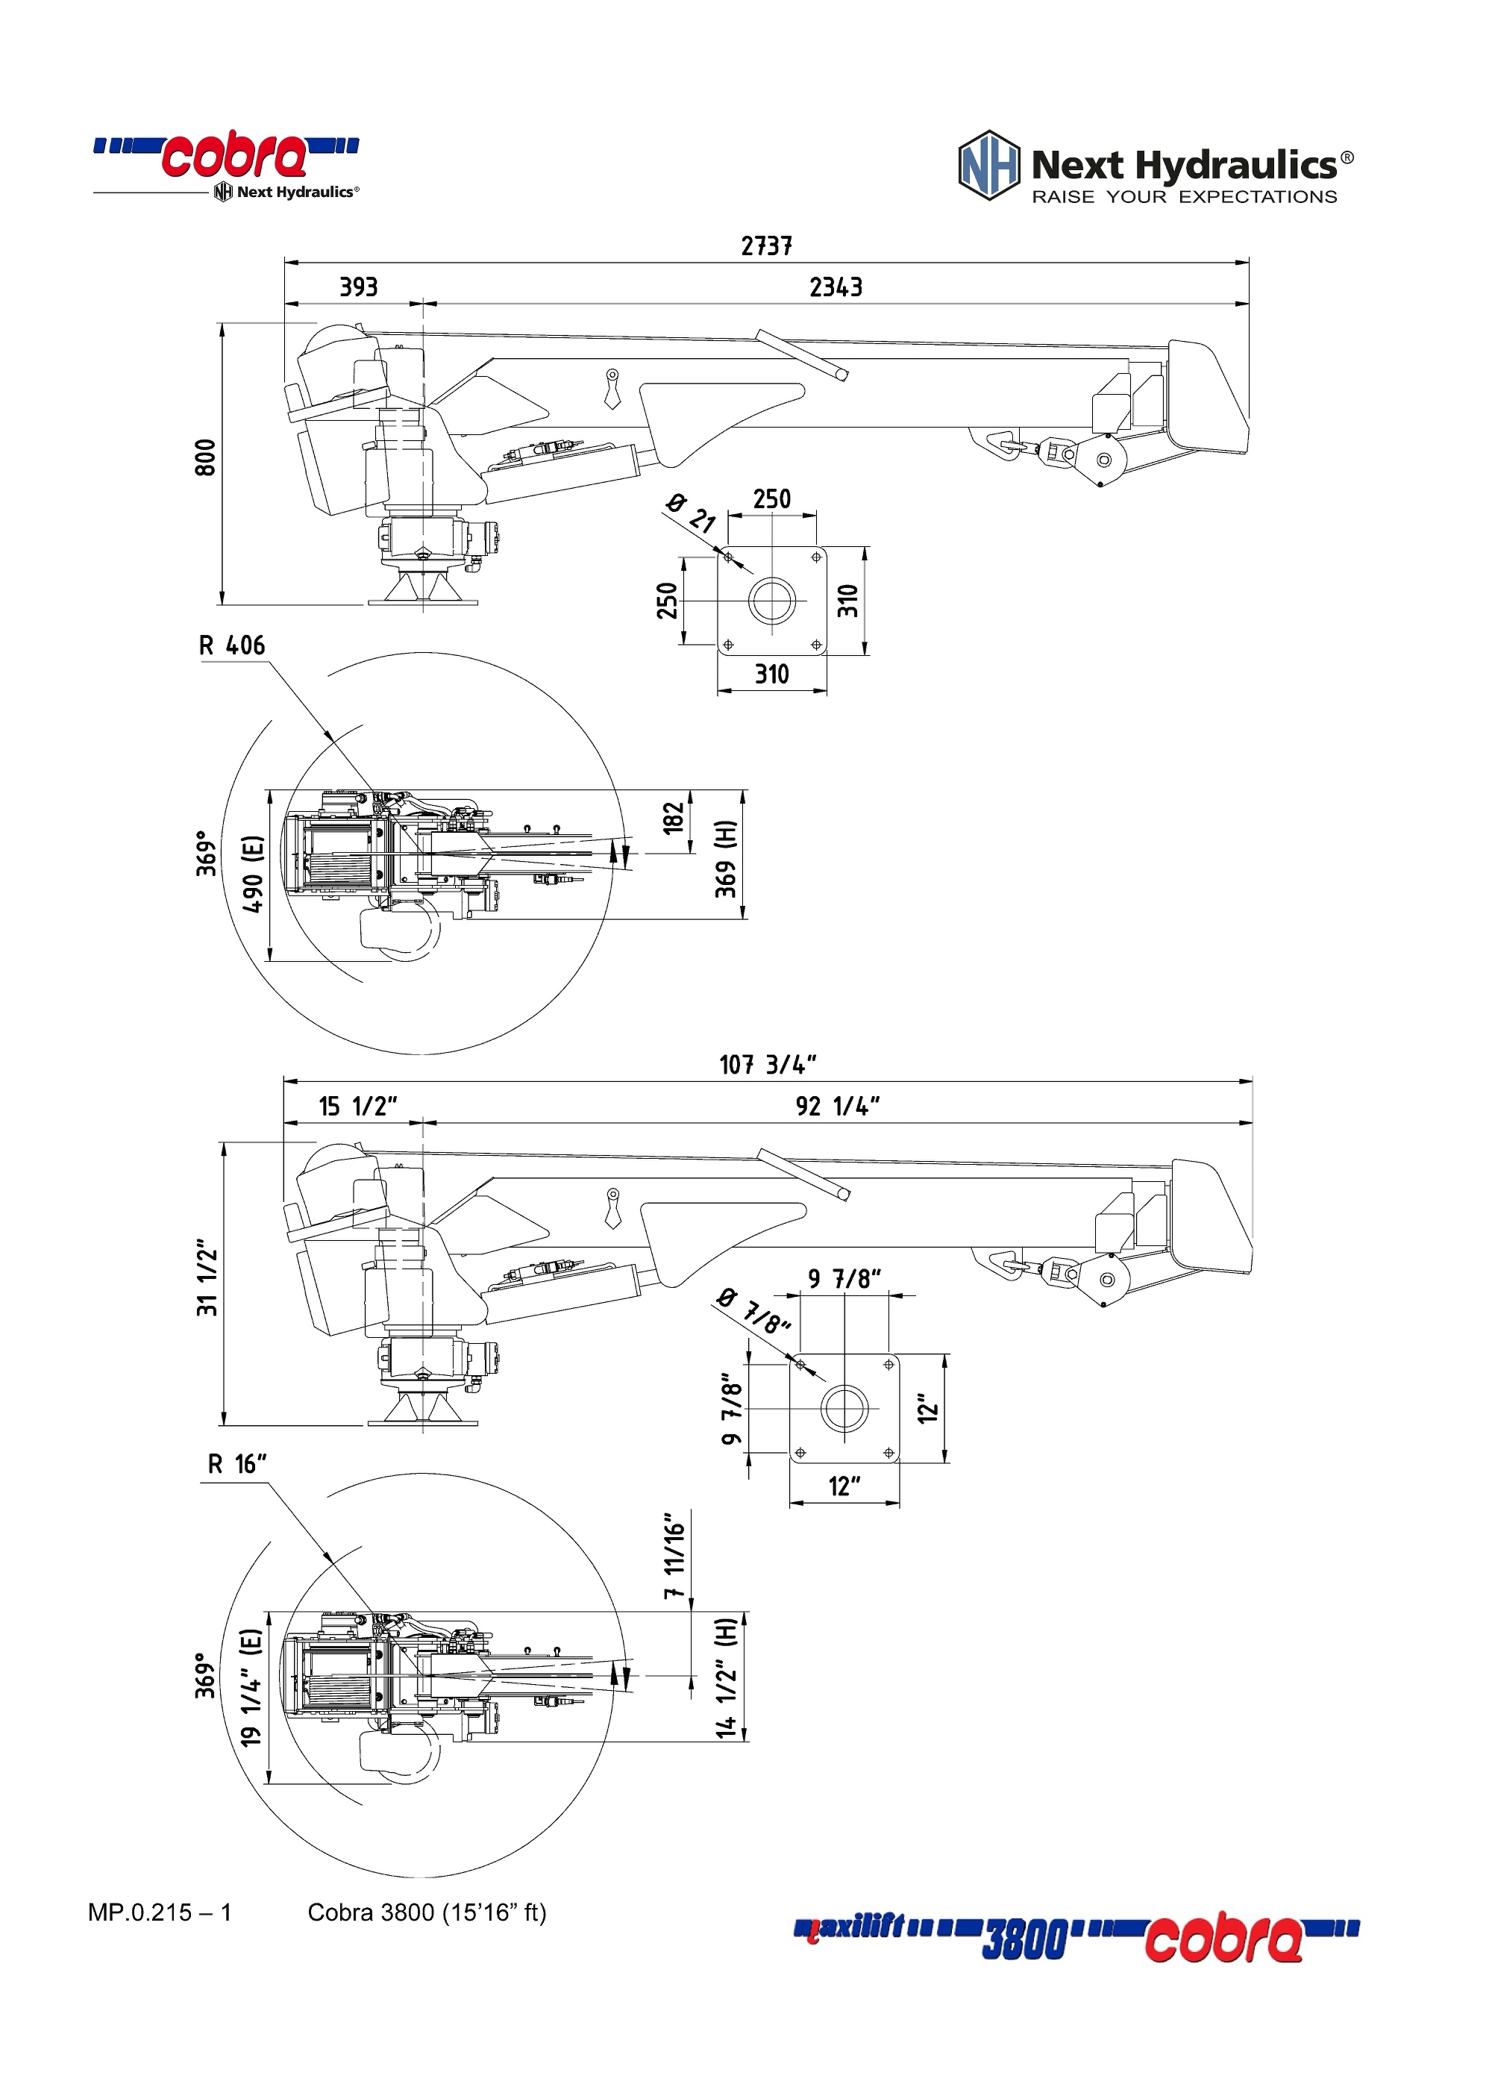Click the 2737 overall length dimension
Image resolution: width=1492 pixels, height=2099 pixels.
(766, 246)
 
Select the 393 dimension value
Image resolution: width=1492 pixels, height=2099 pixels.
(358, 287)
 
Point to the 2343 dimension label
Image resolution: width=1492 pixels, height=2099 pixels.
(835, 287)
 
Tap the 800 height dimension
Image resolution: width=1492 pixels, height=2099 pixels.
(206, 457)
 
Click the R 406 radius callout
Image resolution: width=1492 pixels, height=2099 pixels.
(231, 646)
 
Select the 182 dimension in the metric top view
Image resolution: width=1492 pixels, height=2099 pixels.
(674, 818)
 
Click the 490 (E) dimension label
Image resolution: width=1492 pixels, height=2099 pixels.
(253, 874)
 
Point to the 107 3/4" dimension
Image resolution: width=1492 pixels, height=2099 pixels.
(767, 1065)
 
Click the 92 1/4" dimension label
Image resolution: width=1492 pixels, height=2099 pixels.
(837, 1107)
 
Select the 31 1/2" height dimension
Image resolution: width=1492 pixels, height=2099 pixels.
(207, 1282)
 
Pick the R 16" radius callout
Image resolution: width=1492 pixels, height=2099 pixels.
(236, 1464)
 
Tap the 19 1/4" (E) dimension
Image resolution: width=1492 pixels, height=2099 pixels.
(251, 1687)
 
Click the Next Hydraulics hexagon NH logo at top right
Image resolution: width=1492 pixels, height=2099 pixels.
(988, 166)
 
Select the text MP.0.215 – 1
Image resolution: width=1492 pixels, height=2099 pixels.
(160, 1912)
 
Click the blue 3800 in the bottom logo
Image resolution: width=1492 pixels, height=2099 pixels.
(1024, 1940)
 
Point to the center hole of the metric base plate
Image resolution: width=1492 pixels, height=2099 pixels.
(771, 600)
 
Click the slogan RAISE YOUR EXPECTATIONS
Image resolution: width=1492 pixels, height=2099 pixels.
(1183, 197)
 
